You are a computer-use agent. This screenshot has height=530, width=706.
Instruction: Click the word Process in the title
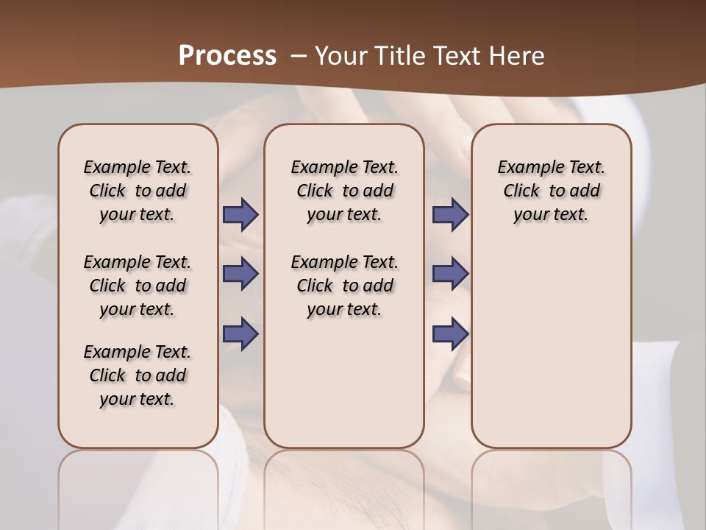(x=227, y=55)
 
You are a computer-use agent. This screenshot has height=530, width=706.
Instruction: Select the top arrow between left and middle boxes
(x=240, y=214)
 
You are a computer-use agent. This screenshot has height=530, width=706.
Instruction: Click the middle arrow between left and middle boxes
(x=240, y=274)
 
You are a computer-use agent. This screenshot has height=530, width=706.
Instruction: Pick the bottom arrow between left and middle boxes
(x=240, y=333)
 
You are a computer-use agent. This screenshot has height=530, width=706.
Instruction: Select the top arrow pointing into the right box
(x=450, y=214)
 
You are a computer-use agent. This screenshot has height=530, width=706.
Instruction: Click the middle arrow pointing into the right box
(x=450, y=274)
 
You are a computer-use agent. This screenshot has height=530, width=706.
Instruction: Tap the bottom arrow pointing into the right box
(x=450, y=333)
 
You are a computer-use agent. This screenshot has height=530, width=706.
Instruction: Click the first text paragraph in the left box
(x=138, y=191)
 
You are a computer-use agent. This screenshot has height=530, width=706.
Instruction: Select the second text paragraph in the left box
(x=138, y=286)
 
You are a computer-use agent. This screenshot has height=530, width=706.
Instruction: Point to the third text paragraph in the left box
(x=138, y=375)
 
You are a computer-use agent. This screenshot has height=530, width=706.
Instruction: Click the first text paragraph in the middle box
(x=344, y=191)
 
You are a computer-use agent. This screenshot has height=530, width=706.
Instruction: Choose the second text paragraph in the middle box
(x=344, y=286)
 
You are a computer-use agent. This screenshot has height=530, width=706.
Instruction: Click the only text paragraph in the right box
(x=551, y=191)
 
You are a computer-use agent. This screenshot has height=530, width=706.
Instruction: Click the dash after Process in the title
(x=298, y=56)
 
